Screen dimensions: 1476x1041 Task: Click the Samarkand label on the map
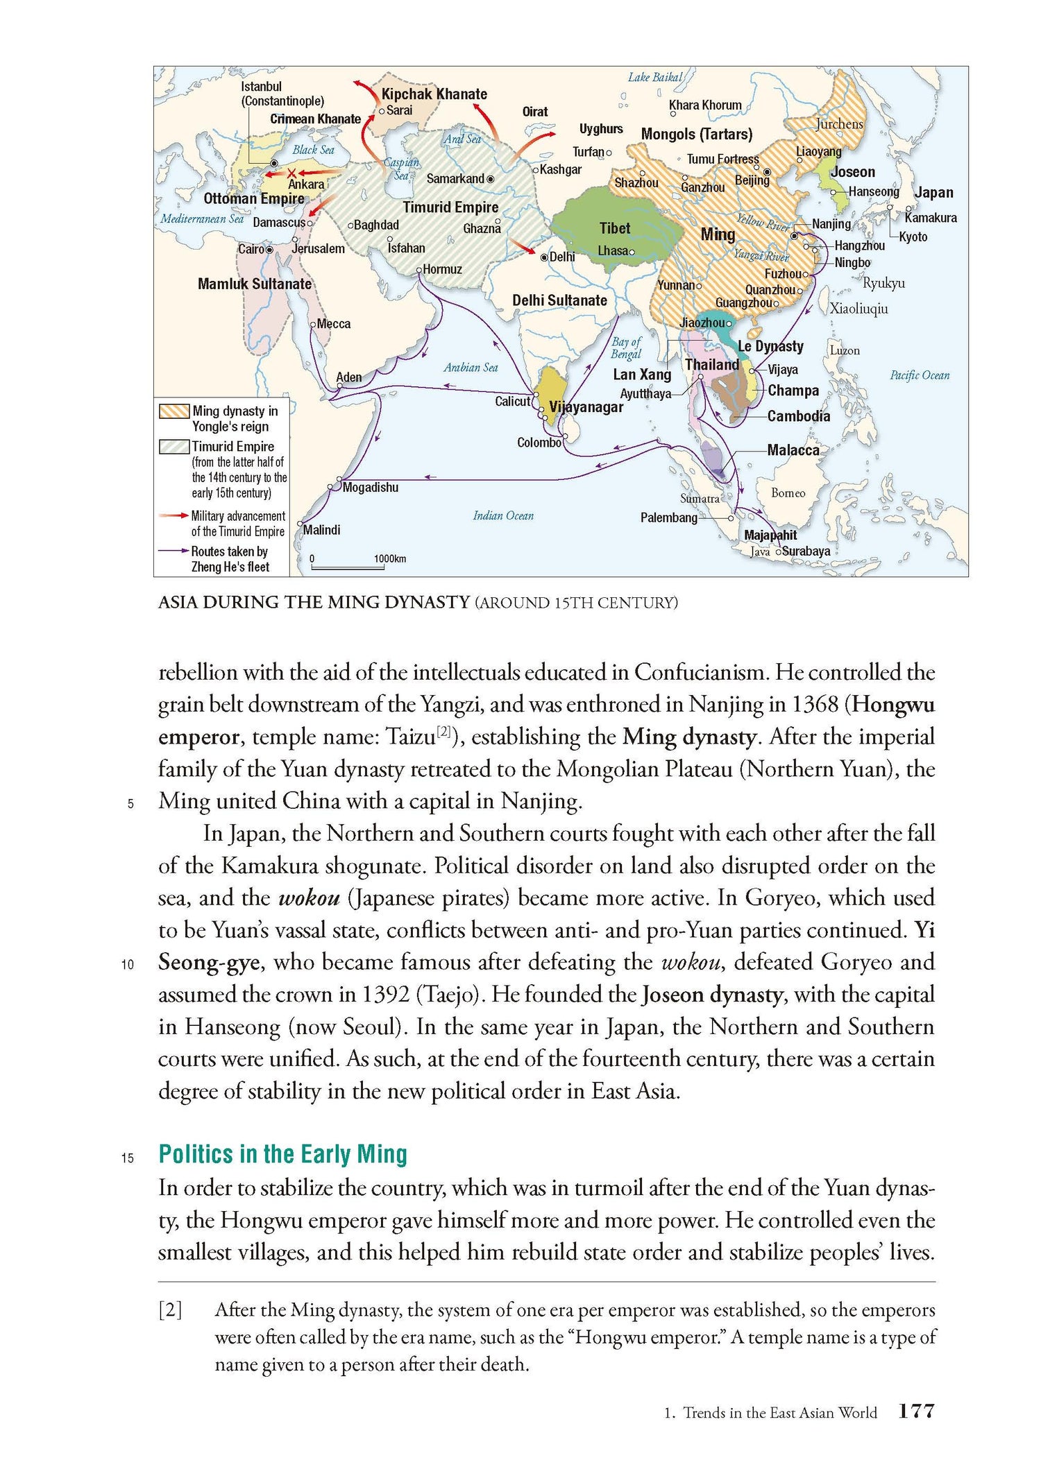[455, 179]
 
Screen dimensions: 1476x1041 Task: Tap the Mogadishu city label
[371, 488]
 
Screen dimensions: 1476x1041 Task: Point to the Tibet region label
[615, 228]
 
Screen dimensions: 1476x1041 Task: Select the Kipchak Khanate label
[434, 94]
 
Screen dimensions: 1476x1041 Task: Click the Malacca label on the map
[793, 450]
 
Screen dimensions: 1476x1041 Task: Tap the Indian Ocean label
[503, 515]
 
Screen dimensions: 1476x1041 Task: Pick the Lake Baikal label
[655, 77]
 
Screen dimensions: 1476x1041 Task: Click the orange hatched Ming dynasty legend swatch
[173, 411]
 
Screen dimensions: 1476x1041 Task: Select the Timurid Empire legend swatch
[173, 447]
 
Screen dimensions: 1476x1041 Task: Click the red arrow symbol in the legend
[173, 515]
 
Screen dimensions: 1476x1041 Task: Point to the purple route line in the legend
[173, 551]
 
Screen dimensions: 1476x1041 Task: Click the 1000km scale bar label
[390, 559]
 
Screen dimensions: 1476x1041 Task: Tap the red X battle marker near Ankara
[292, 173]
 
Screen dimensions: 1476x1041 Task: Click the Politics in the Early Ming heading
[283, 1154]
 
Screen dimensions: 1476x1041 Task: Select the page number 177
[916, 1411]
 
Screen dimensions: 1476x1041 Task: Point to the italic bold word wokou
[309, 898]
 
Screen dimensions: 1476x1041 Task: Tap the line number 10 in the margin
[128, 964]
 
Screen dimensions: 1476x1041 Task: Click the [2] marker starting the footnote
[170, 1310]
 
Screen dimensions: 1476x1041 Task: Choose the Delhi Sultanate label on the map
[559, 300]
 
